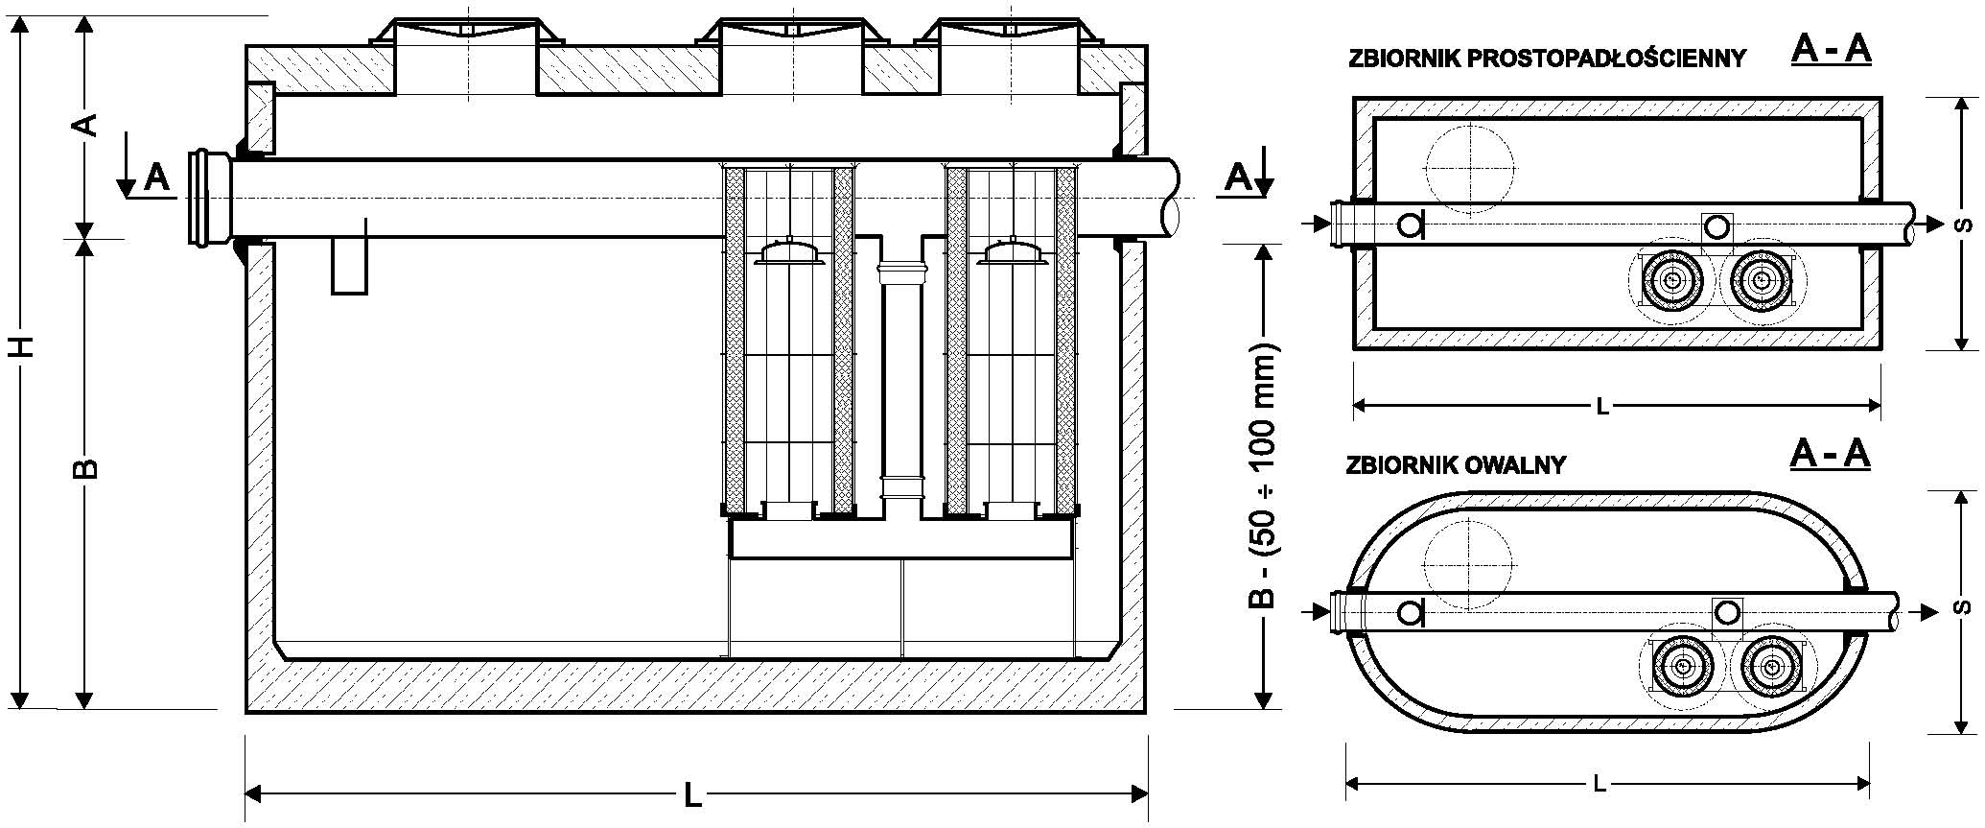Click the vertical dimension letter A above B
(86, 125)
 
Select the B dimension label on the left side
(86, 467)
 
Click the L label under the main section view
(692, 795)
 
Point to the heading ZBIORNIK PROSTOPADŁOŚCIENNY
(1547, 59)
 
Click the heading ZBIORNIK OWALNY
(1456, 465)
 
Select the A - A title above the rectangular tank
(1830, 49)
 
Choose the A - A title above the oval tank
(1830, 455)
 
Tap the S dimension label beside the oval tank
(1963, 607)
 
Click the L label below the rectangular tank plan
(1601, 407)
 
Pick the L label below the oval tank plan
(1600, 784)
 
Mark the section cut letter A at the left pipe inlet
(156, 177)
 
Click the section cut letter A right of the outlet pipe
(1238, 177)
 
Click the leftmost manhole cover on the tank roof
(466, 31)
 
